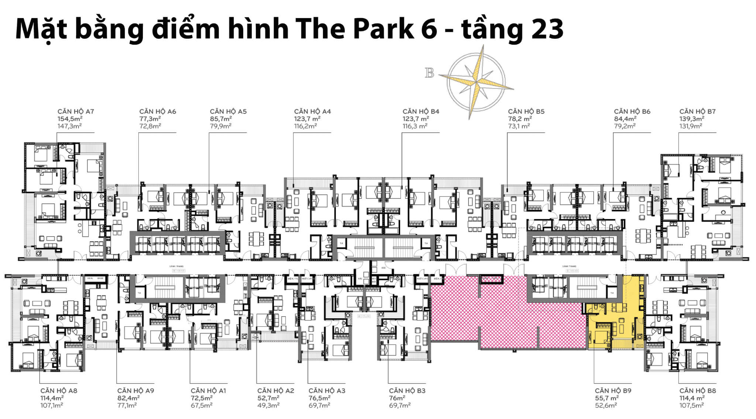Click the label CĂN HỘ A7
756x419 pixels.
[76, 111]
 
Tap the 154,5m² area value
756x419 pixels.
[70, 119]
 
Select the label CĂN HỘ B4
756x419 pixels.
[421, 111]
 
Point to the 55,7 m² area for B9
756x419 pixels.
[606, 398]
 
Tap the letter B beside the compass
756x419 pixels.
[429, 73]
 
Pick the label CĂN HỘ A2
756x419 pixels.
[276, 391]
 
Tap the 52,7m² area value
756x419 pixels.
[268, 398]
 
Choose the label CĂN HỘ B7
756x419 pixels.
[697, 111]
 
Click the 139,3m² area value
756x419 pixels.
[692, 119]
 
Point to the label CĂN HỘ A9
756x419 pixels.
[135, 391]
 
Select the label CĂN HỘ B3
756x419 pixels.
[407, 391]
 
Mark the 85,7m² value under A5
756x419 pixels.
[221, 119]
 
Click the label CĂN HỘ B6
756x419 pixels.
[632, 111]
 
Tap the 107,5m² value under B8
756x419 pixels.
[691, 405]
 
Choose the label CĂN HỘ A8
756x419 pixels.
[59, 391]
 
